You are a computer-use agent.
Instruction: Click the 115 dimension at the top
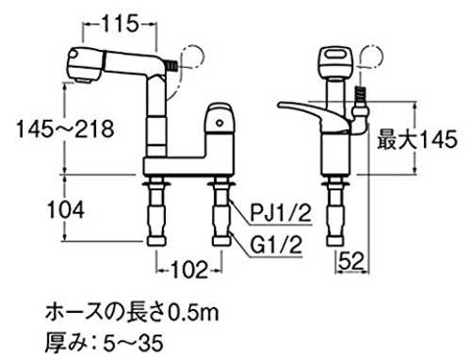pyautogui.click(x=120, y=24)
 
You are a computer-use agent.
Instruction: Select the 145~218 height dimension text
pyautogui.click(x=65, y=129)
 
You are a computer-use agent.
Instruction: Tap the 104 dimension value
pyautogui.click(x=66, y=209)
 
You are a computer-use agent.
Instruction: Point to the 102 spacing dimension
pyautogui.click(x=189, y=270)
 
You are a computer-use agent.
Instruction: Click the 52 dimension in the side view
pyautogui.click(x=351, y=261)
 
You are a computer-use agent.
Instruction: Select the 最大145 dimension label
pyautogui.click(x=417, y=139)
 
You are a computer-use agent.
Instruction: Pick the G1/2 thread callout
pyautogui.click(x=276, y=245)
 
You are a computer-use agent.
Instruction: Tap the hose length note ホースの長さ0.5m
pyautogui.click(x=132, y=313)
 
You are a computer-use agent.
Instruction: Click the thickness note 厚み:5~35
pyautogui.click(x=105, y=343)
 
